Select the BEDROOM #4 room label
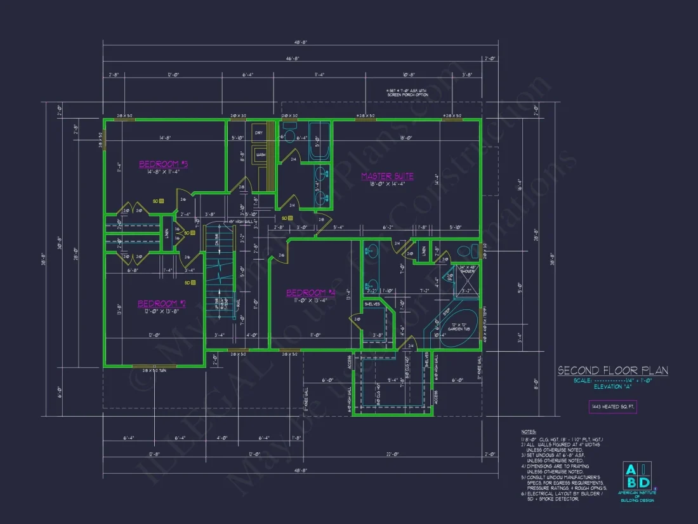(x=310, y=293)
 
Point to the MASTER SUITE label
(x=387, y=176)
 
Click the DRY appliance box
(x=259, y=133)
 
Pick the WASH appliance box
(x=260, y=154)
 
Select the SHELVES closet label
(x=372, y=304)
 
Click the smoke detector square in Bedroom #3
(x=162, y=201)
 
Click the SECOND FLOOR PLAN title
(x=612, y=371)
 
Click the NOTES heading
(x=529, y=431)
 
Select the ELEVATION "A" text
(x=612, y=386)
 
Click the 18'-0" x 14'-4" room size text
(x=387, y=185)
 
